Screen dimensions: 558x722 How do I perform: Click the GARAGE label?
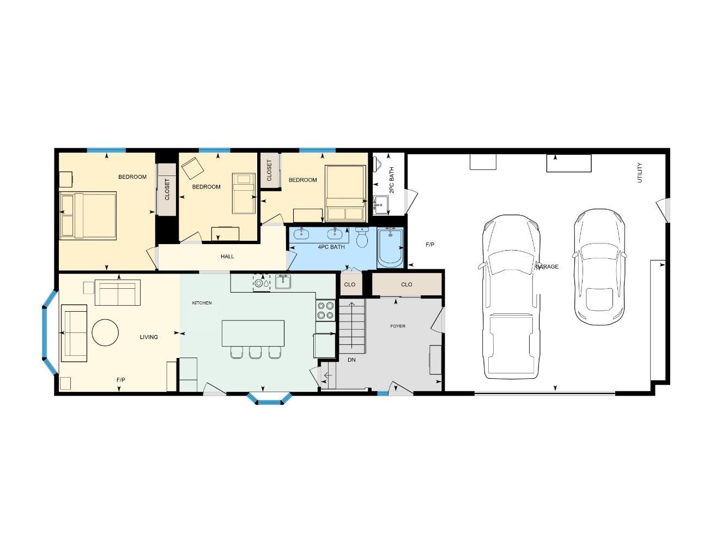click(x=547, y=266)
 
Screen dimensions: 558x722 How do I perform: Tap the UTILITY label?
click(x=640, y=172)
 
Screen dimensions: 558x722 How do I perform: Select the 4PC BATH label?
click(x=331, y=247)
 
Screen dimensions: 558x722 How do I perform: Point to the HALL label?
click(x=227, y=256)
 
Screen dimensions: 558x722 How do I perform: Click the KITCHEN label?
click(x=202, y=303)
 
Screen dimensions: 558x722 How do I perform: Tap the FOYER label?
click(x=398, y=326)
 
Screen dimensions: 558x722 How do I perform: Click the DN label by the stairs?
click(x=351, y=360)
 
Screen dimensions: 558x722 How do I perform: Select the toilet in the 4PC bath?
click(x=362, y=237)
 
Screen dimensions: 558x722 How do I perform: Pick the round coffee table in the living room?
click(x=105, y=332)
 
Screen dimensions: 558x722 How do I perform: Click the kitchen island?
click(x=253, y=333)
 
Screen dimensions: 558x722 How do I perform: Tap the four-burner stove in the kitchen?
click(x=326, y=311)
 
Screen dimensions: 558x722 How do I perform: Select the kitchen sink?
click(x=283, y=282)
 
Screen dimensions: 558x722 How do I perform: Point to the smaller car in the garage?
click(x=599, y=267)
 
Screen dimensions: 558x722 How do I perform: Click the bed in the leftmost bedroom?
click(x=88, y=215)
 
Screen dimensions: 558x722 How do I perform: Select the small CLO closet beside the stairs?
click(x=350, y=284)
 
